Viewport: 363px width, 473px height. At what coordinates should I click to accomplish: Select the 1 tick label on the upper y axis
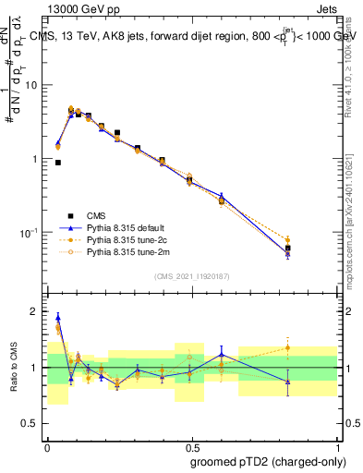pyautogui.click(x=34, y=159)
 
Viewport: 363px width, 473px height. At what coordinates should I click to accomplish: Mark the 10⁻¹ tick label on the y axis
pyautogui.click(x=29, y=232)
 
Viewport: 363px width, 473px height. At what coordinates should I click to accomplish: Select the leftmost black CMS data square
pyautogui.click(x=58, y=163)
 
